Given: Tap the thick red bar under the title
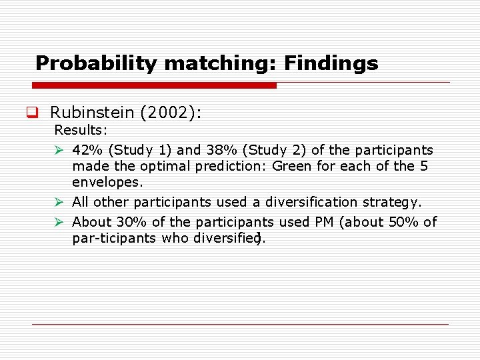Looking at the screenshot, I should tap(154, 85).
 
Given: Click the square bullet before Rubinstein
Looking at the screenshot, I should tap(31, 113).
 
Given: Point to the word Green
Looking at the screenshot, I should tap(292, 166).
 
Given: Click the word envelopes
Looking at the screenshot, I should tap(107, 182).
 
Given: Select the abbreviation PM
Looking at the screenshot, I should tap(319, 222).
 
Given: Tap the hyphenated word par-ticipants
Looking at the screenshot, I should tap(114, 238).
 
